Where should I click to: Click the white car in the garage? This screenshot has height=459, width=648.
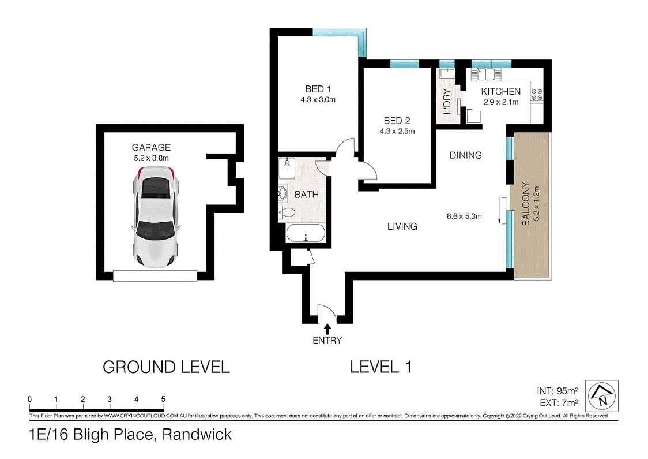155,217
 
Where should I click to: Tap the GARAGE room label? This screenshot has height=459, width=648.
151,147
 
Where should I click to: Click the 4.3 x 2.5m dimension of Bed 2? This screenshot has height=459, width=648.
397,131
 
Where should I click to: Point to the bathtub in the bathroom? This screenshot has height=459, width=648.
306,234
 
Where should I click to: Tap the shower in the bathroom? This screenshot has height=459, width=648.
287,168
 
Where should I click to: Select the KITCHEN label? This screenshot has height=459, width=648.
500,92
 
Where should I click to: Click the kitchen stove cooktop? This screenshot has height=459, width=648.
537,95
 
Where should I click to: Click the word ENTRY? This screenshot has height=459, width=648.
327,340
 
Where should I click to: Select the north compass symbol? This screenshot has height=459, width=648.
602,396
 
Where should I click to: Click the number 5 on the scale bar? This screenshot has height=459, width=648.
163,399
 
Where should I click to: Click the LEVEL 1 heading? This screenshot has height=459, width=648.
380,367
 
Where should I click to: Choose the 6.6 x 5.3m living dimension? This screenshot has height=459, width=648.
464,217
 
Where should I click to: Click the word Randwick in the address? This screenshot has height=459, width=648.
197,434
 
